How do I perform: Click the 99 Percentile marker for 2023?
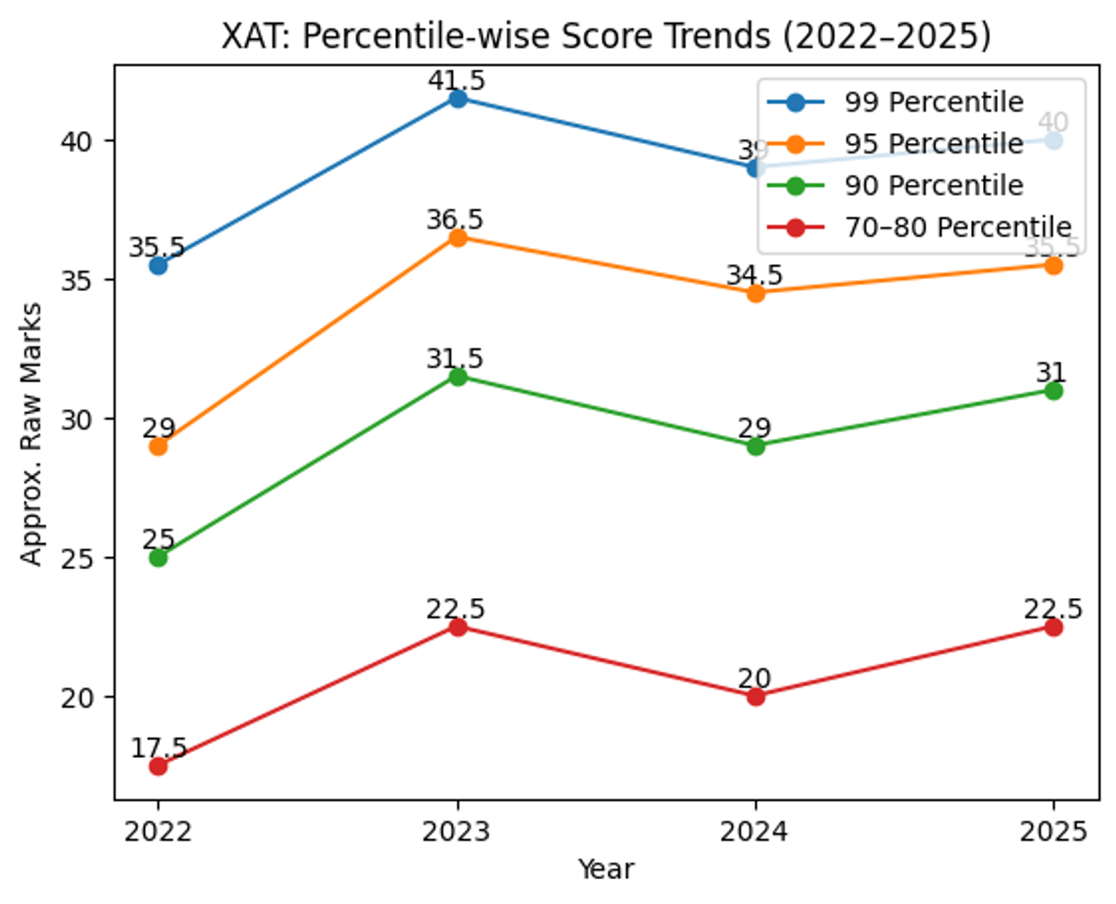point(458,99)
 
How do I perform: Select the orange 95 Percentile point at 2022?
point(158,446)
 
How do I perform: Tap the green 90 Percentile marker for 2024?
point(756,446)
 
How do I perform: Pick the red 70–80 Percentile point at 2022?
point(158,766)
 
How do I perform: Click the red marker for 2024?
point(756,697)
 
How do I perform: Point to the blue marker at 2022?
point(158,266)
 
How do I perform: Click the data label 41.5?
point(457,81)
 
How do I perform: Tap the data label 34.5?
point(755,275)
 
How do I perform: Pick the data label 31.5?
point(457,359)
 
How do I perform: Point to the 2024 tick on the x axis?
point(756,831)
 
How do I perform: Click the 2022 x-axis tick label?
point(158,831)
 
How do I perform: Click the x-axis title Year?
point(605,870)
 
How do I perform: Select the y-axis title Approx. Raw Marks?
point(32,432)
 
